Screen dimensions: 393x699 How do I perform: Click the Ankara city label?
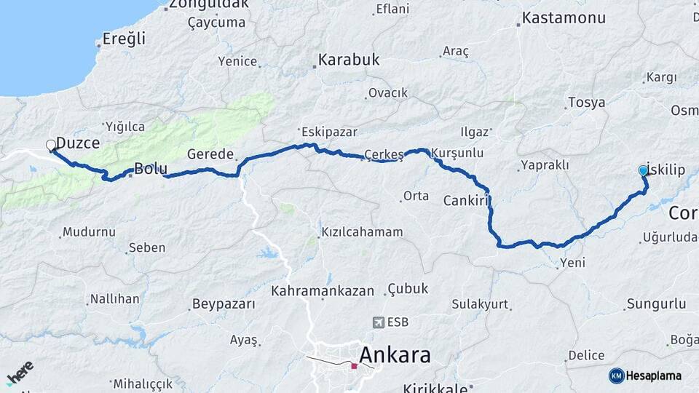coord(395,356)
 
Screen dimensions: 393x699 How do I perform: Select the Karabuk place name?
coord(348,60)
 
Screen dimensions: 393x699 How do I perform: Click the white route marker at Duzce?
coord(51,145)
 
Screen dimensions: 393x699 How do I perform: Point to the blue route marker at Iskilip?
coord(643,170)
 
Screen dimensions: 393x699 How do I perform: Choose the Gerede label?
coord(210,154)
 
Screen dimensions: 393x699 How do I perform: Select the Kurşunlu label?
coord(457,154)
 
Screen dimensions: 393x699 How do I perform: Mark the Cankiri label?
coord(465,200)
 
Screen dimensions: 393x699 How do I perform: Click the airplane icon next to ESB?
coord(378,322)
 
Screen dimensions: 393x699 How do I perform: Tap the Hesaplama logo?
coord(645,376)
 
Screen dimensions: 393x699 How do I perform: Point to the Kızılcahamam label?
coord(361,233)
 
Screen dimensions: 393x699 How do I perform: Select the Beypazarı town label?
coord(224,303)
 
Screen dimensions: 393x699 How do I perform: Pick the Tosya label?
coord(586,103)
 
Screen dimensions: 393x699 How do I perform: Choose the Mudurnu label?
coord(89,232)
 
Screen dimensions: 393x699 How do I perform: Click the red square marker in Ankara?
coord(354,365)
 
